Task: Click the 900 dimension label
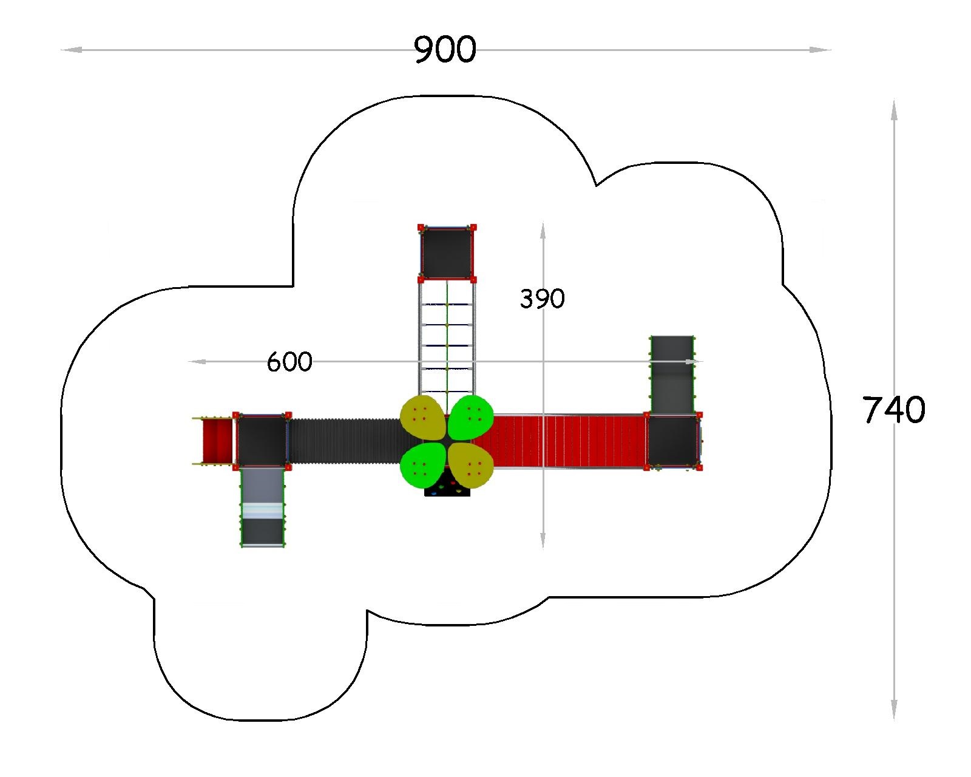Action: pos(445,49)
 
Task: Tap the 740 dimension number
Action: pos(894,410)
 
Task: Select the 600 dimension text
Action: pos(289,362)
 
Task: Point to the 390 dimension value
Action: pos(542,299)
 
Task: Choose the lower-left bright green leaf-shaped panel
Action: pos(423,465)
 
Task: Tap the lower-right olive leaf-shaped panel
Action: pos(471,465)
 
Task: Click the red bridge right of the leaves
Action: pos(569,441)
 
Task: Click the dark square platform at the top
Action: pos(447,253)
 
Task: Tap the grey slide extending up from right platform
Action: pos(672,375)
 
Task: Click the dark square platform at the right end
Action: pos(673,441)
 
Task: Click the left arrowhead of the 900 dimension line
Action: pos(71,50)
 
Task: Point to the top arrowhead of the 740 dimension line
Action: pos(894,110)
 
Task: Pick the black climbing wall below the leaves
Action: pos(447,488)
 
